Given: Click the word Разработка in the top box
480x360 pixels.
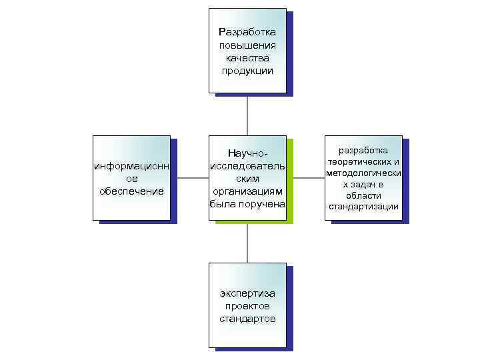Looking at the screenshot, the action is pos(247,32).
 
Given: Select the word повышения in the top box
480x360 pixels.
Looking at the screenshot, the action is pos(247,45).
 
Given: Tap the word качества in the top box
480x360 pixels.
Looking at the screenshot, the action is pos(247,58).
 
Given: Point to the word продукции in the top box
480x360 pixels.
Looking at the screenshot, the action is pos(247,71).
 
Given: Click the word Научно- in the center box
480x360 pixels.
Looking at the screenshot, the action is pos(247,154).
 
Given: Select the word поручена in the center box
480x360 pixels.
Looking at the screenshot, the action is pos(265,203).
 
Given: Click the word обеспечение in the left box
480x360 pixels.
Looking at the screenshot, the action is pos(131,191).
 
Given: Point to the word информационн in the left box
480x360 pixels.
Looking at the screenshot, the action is pos(131,166).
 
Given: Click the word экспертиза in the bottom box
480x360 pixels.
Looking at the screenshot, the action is pos(247,293).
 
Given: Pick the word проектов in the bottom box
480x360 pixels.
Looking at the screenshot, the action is pos(247,306).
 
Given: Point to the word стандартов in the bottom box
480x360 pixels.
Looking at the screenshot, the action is pos(247,319).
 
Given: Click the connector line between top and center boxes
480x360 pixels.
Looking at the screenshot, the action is pos(247,115).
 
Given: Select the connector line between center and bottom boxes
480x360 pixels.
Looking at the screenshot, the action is pos(247,243).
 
